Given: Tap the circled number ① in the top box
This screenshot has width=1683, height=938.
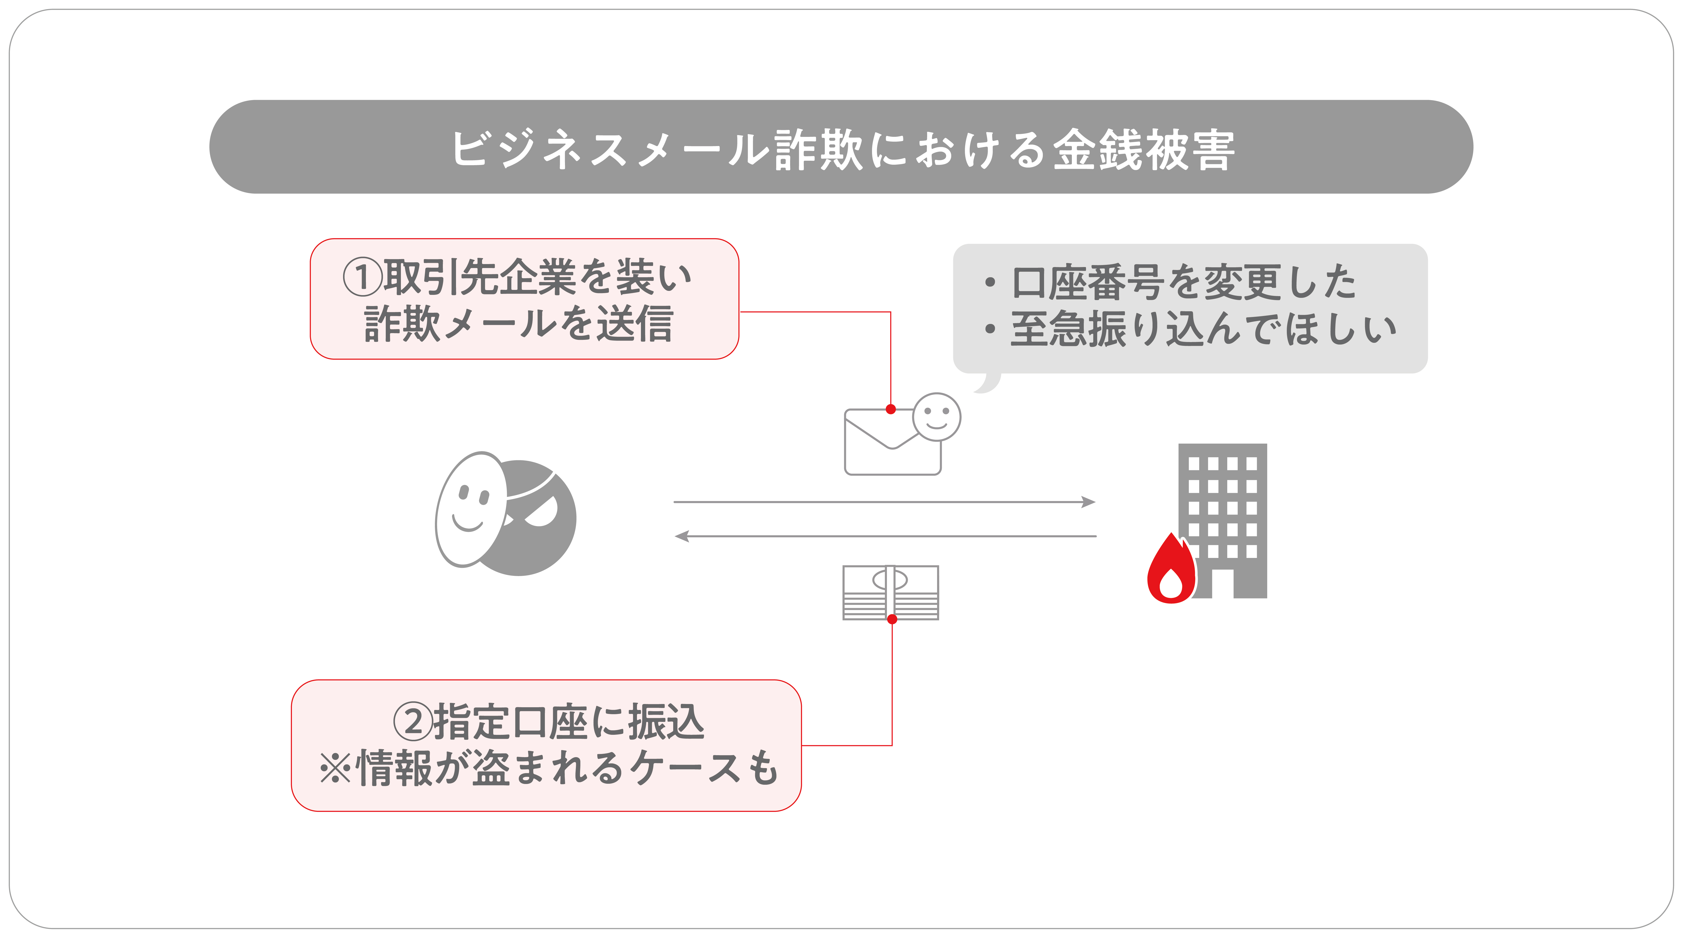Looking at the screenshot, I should click(x=363, y=277).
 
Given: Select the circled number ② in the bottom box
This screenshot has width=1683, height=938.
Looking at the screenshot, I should click(x=413, y=722).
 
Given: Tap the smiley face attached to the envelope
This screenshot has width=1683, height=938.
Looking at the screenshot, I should click(x=936, y=416).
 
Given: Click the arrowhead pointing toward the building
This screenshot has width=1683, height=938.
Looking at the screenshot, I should click(x=1088, y=502).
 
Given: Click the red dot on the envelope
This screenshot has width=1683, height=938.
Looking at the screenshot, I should click(x=890, y=409).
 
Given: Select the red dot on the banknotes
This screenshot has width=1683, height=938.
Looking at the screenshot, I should click(x=892, y=619).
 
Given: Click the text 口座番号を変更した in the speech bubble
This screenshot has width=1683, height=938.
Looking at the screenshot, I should click(x=1184, y=282).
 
